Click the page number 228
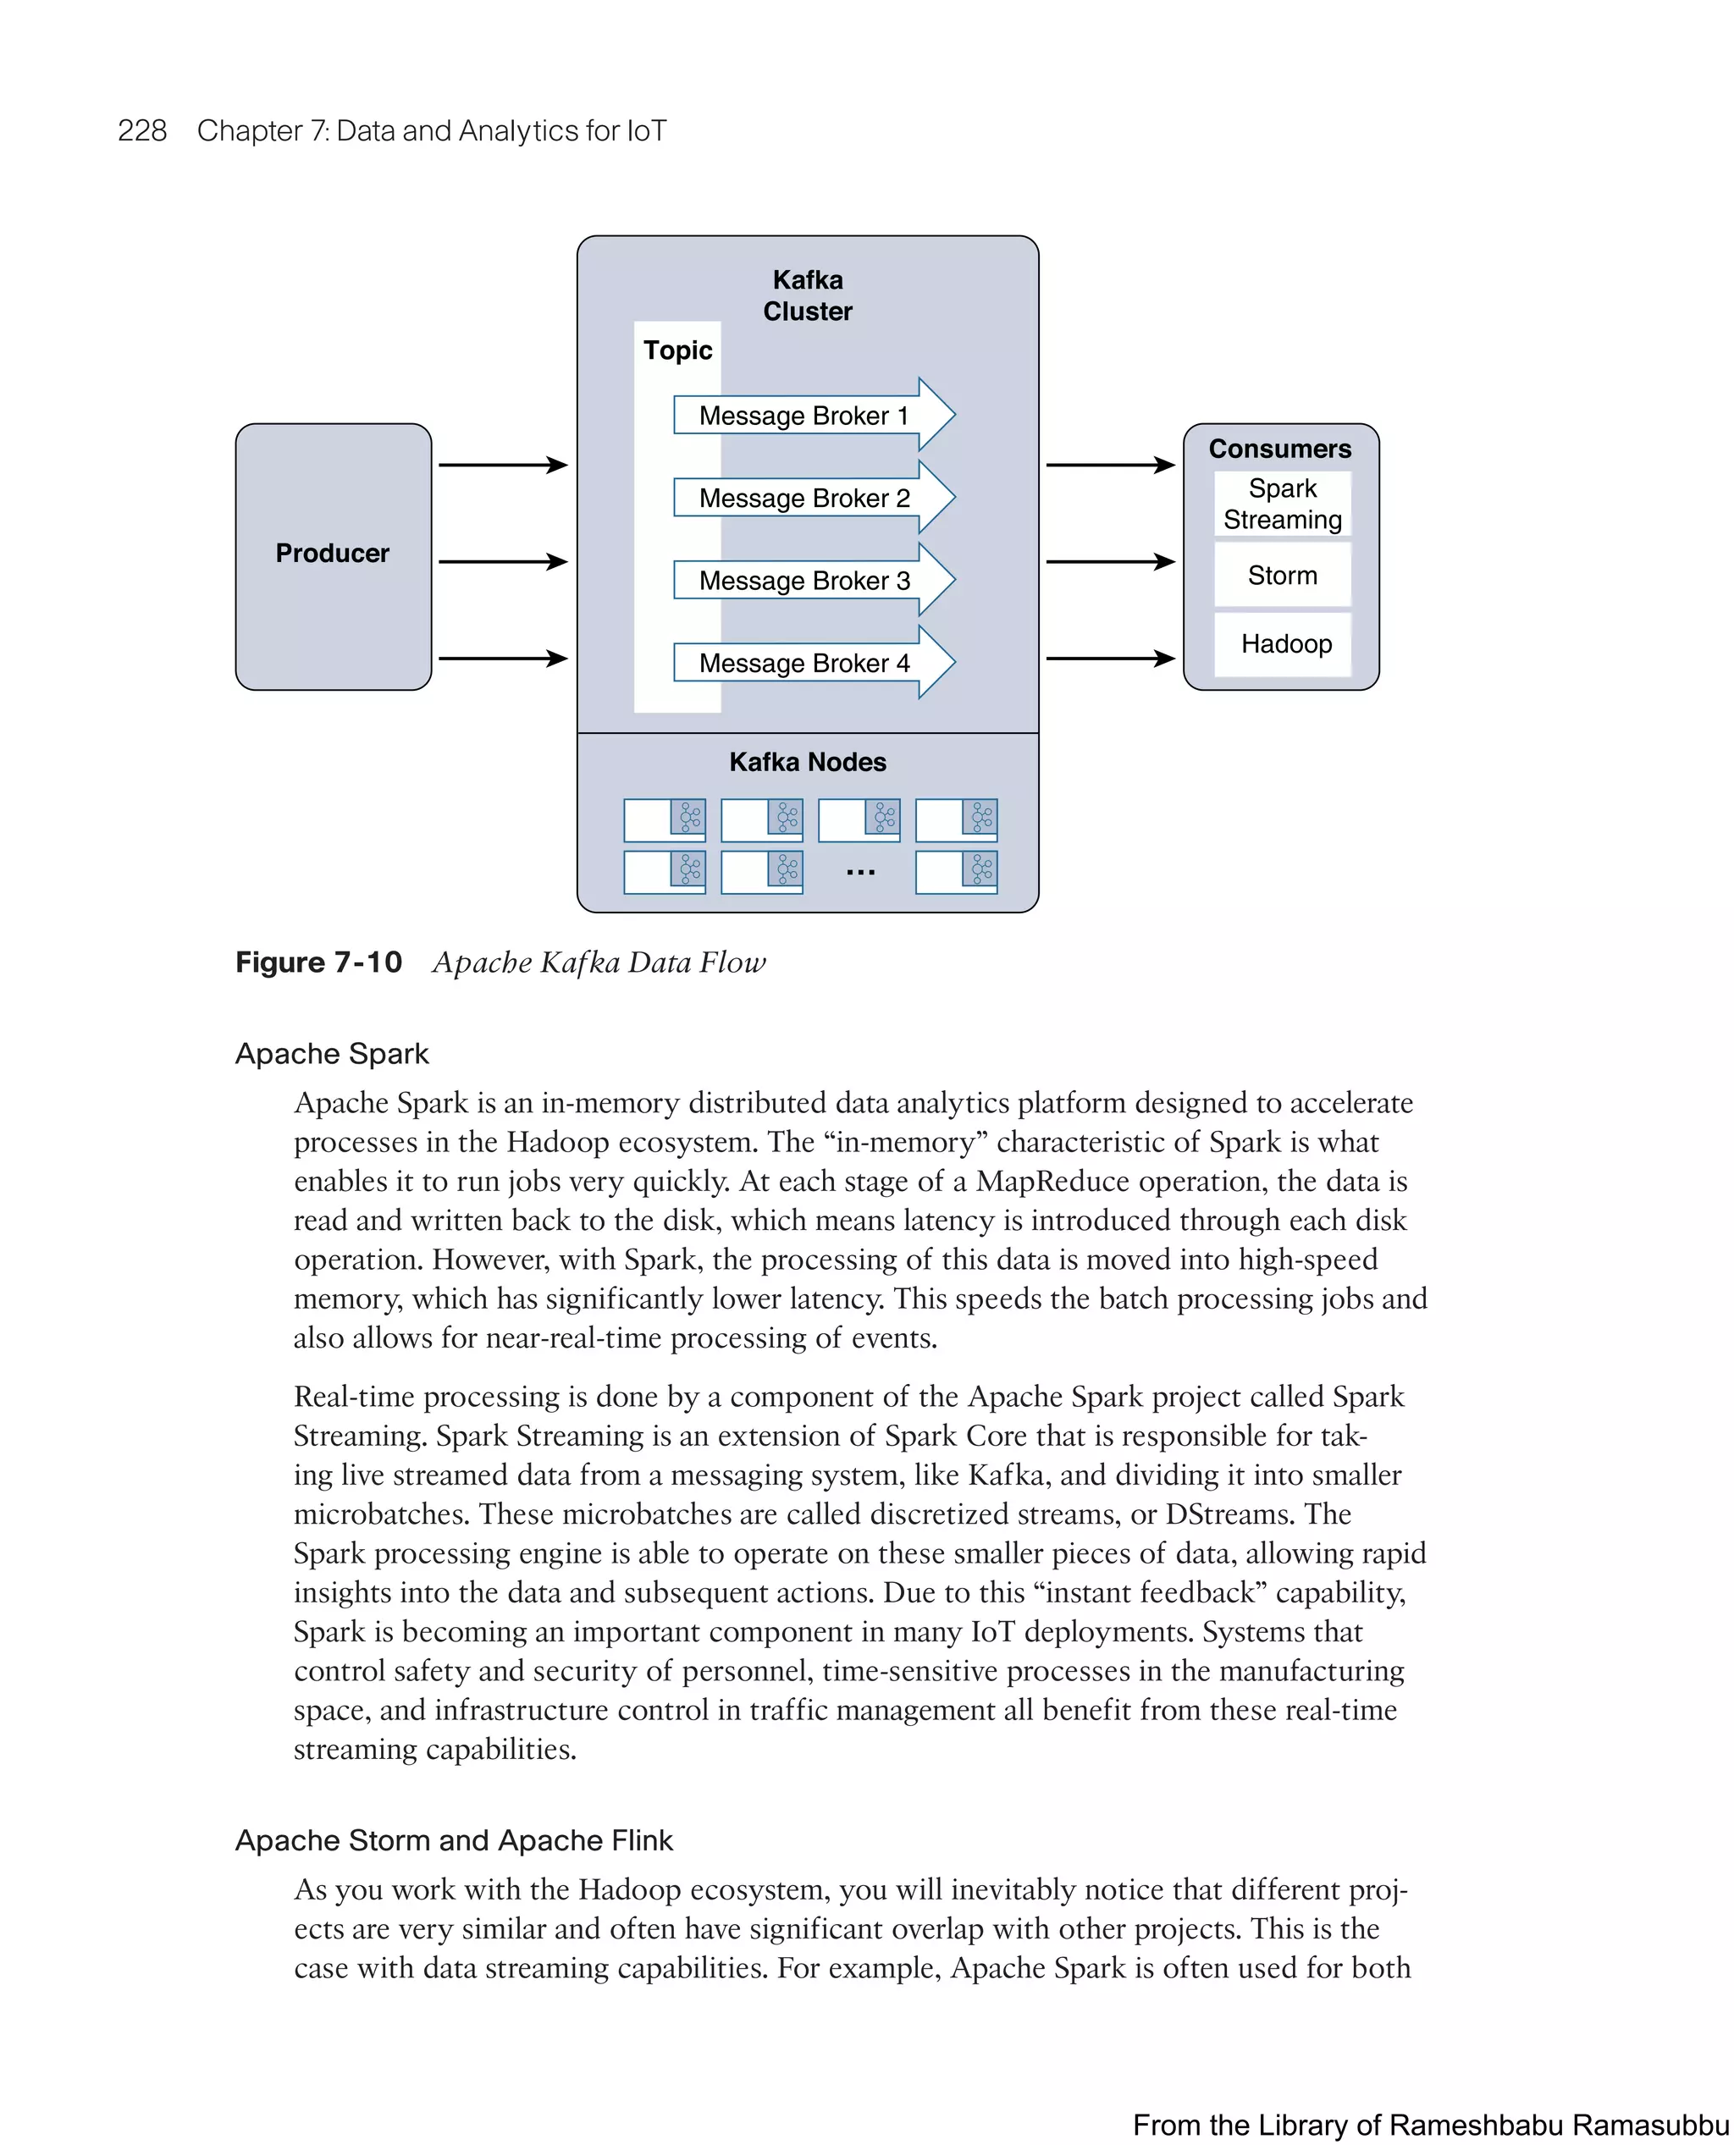click(142, 131)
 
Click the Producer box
click(333, 556)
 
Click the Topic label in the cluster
click(677, 350)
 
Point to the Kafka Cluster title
click(807, 295)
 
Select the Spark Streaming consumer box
click(1282, 505)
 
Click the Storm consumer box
click(1282, 576)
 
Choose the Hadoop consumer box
click(1285, 644)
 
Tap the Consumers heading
click(1279, 449)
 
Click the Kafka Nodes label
click(807, 762)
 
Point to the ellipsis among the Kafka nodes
click(860, 873)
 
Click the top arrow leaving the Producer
click(502, 465)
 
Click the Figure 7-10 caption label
click(318, 962)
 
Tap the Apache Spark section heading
click(332, 1054)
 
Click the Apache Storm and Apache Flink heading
click(454, 1840)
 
